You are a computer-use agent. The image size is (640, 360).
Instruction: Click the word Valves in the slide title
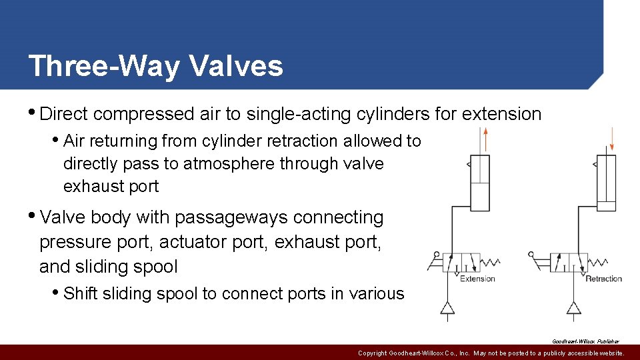click(237, 66)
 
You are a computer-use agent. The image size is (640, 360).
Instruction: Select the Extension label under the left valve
click(477, 279)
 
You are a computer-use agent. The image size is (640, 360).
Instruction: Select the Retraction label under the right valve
click(603, 279)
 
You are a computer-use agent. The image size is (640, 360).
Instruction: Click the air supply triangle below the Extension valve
click(447, 307)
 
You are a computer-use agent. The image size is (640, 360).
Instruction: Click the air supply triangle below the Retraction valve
click(573, 307)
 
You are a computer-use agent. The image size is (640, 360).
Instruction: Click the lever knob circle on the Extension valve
click(437, 255)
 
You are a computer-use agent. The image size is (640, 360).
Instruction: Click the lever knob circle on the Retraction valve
click(531, 254)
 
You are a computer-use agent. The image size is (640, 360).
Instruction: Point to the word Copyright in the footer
click(377, 353)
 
